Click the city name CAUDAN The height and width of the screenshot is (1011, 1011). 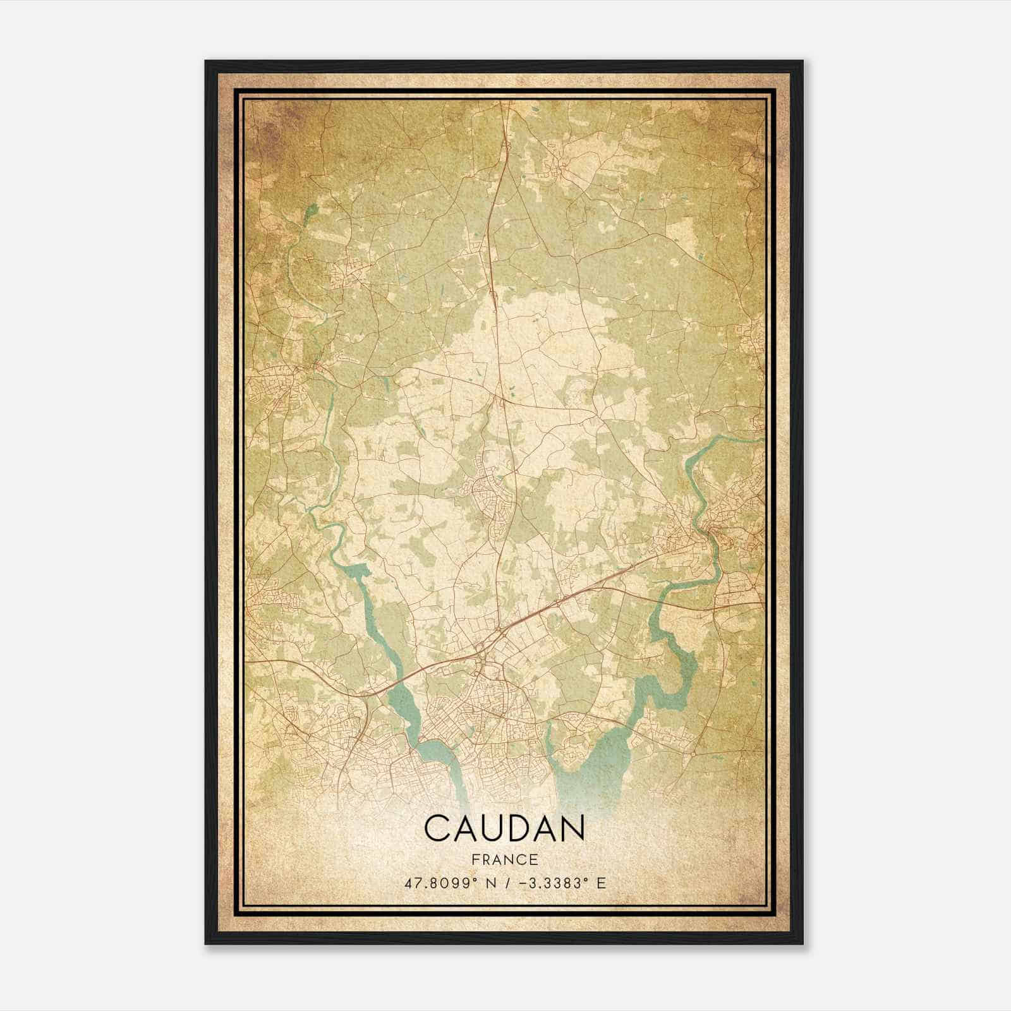click(504, 828)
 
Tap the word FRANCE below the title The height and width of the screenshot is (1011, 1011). click(504, 859)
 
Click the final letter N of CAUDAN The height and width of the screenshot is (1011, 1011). click(571, 828)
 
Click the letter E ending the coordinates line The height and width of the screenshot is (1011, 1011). click(602, 883)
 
